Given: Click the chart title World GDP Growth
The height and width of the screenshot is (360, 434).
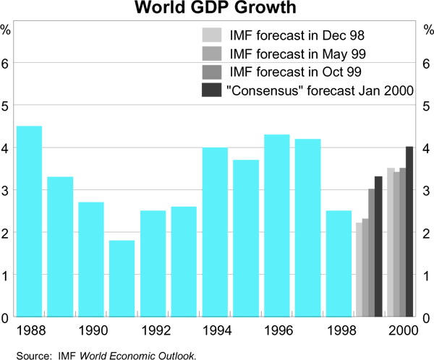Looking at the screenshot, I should tap(217, 9).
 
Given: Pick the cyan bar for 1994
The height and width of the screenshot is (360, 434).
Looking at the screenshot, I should tap(215, 232).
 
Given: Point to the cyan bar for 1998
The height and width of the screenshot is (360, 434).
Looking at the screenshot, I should tap(339, 264).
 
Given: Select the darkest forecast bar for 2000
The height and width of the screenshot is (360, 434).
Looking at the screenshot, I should tap(409, 232).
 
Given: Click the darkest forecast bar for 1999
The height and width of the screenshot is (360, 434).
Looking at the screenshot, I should tap(378, 247).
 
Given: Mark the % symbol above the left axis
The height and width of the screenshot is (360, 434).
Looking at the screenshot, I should tap(6, 30).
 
